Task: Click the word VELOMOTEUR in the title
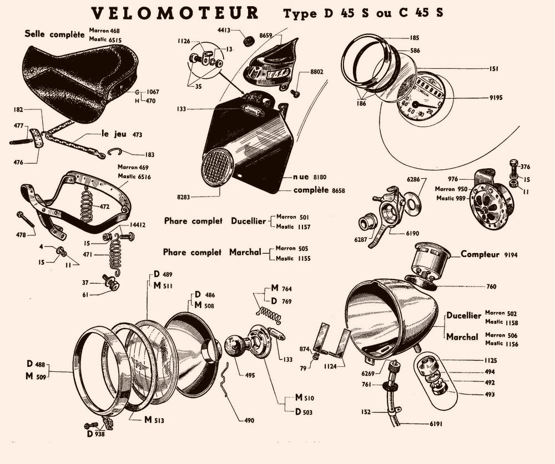click(x=174, y=13)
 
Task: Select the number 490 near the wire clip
click(x=249, y=420)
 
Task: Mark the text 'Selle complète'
click(x=54, y=34)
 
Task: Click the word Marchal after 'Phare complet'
click(x=245, y=253)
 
